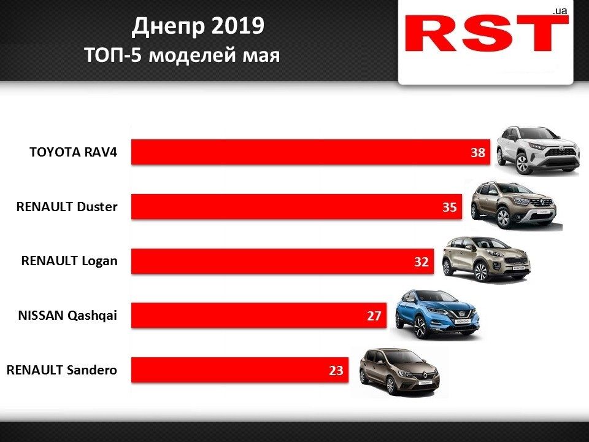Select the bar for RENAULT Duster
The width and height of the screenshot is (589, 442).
288,207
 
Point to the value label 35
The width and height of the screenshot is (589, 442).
450,207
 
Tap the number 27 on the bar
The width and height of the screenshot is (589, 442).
375,316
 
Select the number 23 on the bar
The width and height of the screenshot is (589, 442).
336,370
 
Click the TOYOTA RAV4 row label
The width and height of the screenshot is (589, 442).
72,152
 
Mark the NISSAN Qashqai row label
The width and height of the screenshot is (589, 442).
67,316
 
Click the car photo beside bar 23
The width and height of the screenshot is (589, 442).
399,371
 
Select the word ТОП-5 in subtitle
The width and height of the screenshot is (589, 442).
114,55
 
